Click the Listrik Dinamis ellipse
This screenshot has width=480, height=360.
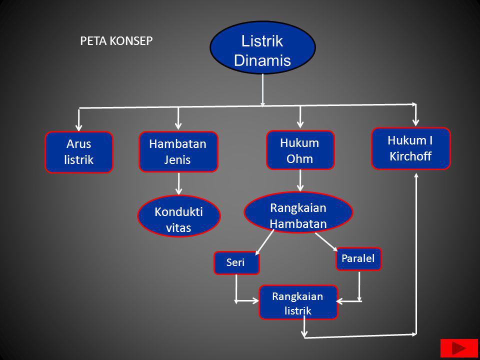coord(263,47)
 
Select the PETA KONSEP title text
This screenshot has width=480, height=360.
coord(116,41)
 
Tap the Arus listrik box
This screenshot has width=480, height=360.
coord(79,152)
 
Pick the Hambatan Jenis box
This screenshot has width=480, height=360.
coord(178,152)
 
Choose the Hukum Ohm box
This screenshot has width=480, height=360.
coord(300,150)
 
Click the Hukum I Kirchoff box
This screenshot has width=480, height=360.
coord(410,148)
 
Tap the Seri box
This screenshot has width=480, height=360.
coord(236,263)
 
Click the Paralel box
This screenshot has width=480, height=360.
coord(358,258)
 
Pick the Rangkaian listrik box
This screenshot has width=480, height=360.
coord(298,302)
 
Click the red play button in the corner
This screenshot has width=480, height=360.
coord(459,348)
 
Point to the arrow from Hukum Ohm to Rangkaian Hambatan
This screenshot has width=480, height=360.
coord(300,180)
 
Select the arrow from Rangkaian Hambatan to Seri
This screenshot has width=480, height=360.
coord(265,242)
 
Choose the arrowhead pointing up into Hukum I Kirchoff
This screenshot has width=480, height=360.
coord(416,176)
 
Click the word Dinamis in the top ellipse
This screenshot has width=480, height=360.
coord(262,60)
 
